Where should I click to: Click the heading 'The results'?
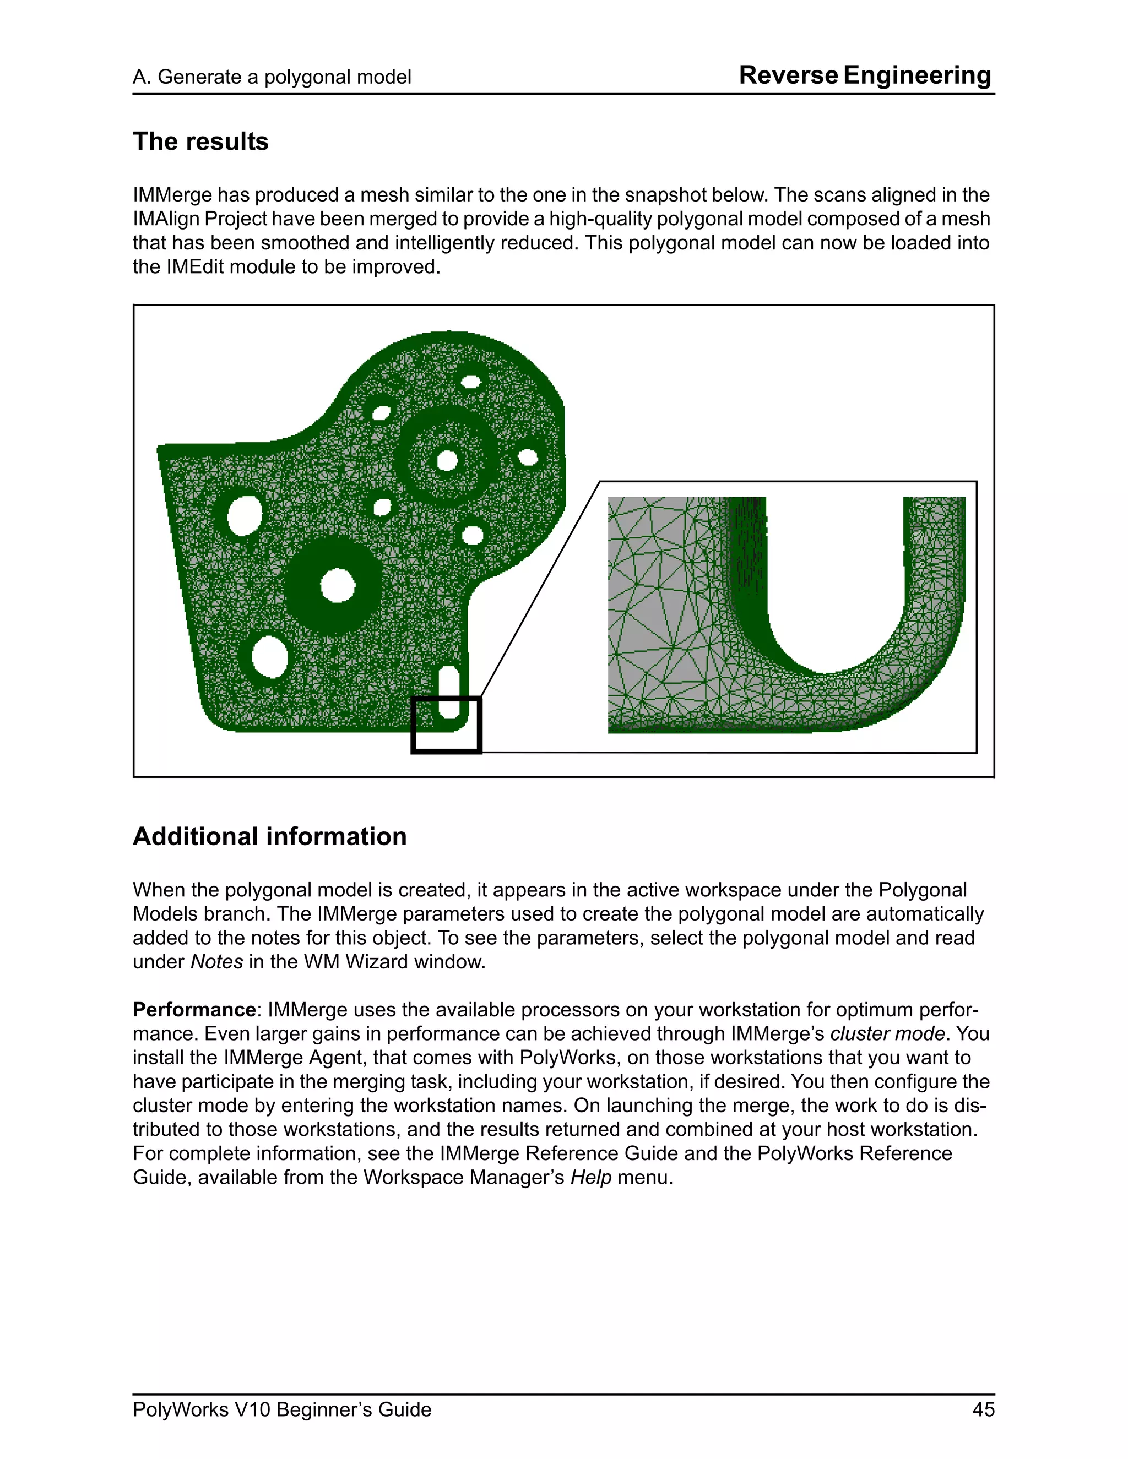[x=200, y=141]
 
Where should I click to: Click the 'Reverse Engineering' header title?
[x=865, y=75]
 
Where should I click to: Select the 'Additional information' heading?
[x=269, y=836]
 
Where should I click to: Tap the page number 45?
[x=983, y=1409]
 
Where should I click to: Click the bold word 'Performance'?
[x=194, y=1009]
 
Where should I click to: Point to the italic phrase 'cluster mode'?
[x=887, y=1033]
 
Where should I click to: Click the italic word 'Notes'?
[x=216, y=962]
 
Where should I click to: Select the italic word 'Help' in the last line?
[x=591, y=1177]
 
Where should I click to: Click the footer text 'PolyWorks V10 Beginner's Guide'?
[x=282, y=1409]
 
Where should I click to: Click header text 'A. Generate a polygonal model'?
[x=272, y=77]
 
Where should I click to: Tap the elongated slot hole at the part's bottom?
[x=448, y=692]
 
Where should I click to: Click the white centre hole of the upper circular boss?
[x=447, y=460]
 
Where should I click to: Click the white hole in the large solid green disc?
[x=338, y=586]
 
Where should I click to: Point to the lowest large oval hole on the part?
[x=270, y=657]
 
